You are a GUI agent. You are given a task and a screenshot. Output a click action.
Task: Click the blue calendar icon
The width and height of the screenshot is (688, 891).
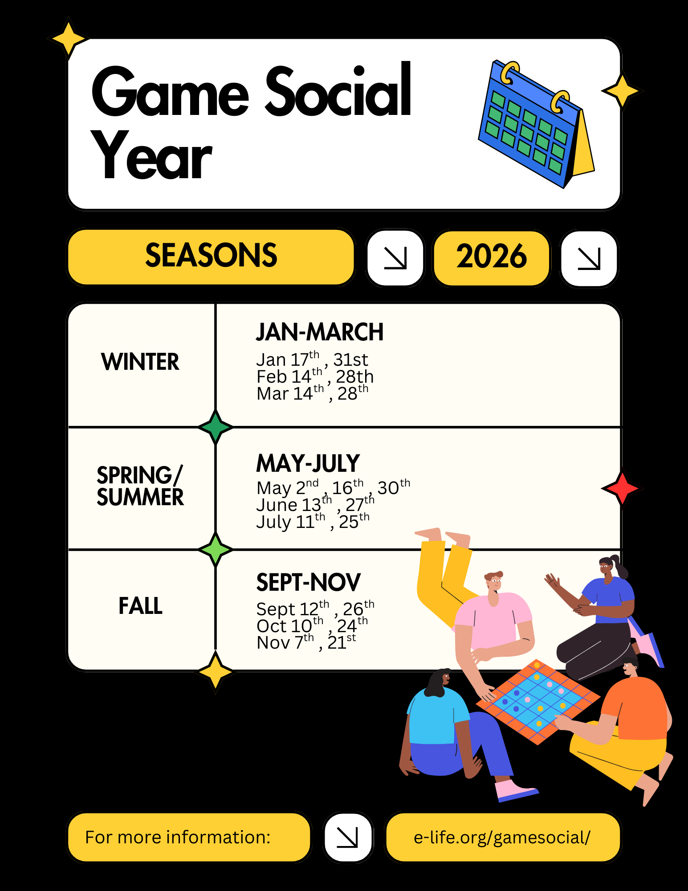point(537,124)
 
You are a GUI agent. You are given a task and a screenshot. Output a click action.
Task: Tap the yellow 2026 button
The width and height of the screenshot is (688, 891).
point(492,257)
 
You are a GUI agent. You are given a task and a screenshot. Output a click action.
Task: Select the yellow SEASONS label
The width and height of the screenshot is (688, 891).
point(211,257)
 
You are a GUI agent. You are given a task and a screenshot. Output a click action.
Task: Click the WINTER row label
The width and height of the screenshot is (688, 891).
point(140,361)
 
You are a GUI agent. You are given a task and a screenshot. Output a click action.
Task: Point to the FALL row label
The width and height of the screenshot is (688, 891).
point(140,606)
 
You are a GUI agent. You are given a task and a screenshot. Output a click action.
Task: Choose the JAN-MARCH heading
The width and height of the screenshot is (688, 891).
point(320,332)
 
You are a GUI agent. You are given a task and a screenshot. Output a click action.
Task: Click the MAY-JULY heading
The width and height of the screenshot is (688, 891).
point(308,463)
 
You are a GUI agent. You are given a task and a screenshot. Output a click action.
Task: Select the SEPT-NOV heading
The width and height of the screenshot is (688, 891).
point(309,582)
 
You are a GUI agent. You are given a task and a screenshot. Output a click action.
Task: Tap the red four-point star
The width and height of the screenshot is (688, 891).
point(622,488)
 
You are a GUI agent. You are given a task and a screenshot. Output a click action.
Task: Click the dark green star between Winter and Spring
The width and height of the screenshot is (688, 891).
point(216,427)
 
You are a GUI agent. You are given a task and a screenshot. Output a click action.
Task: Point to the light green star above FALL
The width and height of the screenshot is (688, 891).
point(216,549)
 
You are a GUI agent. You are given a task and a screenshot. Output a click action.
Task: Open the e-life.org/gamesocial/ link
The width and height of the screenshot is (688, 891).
point(502,838)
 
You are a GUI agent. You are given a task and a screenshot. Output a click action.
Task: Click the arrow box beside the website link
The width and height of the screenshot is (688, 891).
point(348,838)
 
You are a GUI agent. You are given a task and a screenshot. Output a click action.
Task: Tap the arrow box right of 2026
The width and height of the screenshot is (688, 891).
point(589,258)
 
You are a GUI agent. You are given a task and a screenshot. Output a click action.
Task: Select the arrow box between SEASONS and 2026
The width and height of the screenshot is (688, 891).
point(395,258)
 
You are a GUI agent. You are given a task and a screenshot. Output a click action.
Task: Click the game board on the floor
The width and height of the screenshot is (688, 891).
point(538,702)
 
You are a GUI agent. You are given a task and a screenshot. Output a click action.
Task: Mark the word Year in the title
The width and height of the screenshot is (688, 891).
point(151,155)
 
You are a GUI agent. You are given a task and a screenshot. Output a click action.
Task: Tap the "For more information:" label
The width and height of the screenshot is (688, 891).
point(178,838)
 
